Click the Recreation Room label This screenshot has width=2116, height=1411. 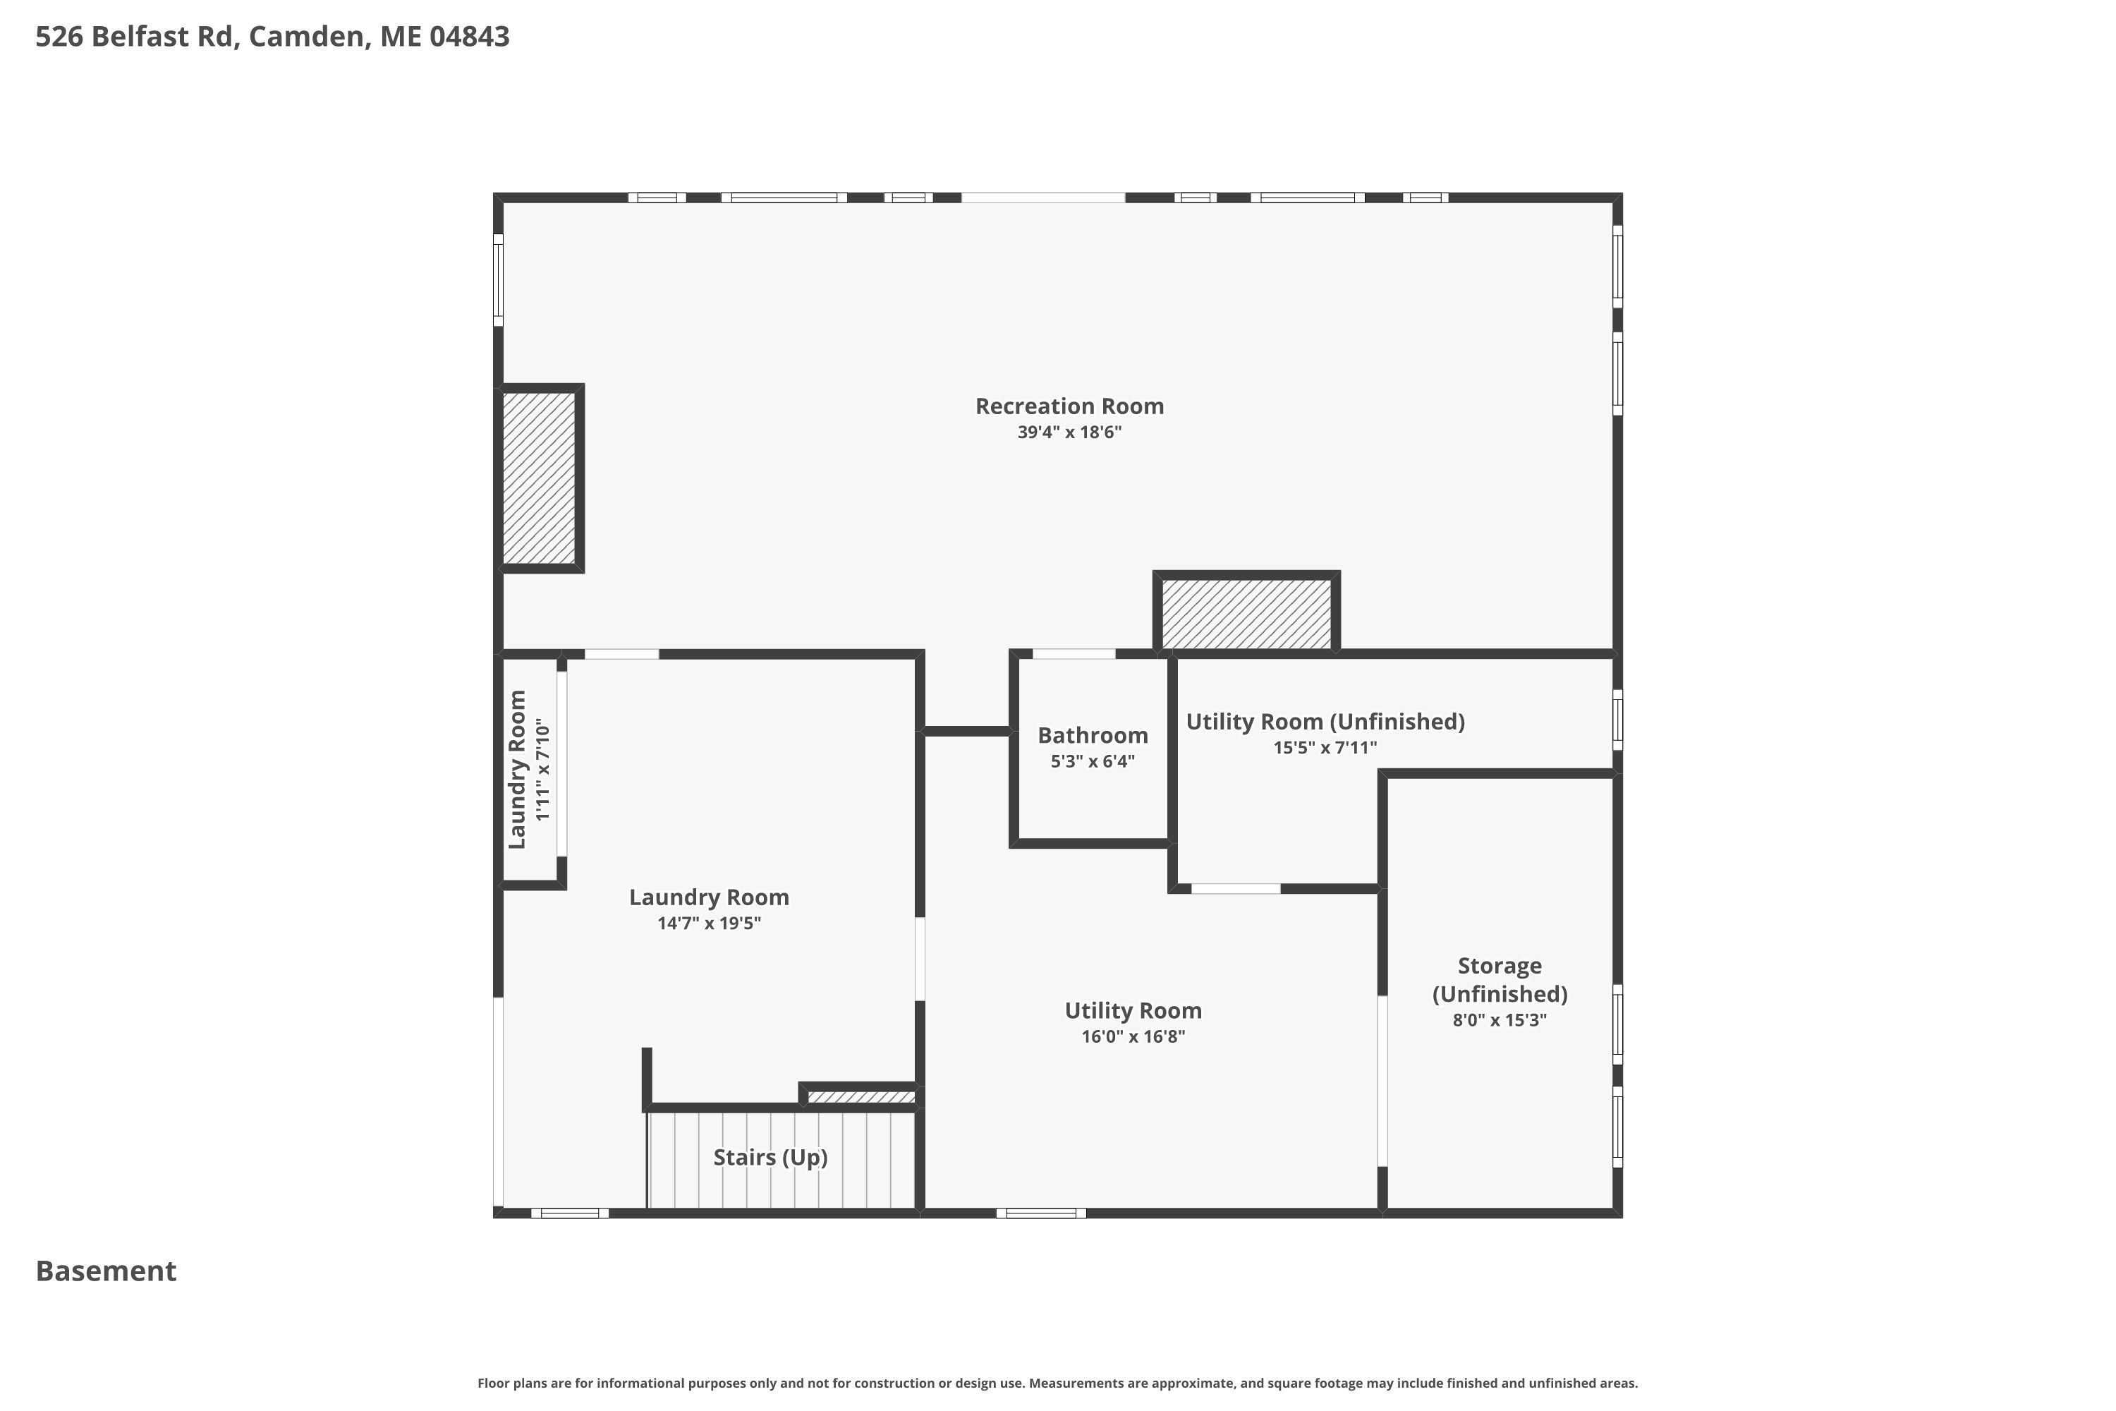pos(1070,406)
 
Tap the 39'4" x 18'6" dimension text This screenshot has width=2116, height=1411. pos(1070,432)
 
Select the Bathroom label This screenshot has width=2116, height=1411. pos(1093,735)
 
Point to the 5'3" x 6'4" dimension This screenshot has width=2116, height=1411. pos(1093,761)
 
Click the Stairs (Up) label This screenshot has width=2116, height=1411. pos(771,1157)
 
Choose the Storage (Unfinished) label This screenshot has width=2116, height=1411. pos(1500,980)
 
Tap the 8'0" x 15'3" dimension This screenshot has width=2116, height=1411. pos(1500,1020)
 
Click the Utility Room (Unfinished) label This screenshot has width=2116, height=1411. pos(1325,722)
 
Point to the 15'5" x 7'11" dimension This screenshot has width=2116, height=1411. pos(1325,748)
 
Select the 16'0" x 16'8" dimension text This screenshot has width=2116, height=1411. pos(1133,1036)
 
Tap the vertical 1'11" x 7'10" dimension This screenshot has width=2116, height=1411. pos(542,770)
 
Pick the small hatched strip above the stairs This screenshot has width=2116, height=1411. pos(861,1097)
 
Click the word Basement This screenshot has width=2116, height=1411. pos(107,1271)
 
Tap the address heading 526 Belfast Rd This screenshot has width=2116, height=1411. pos(272,37)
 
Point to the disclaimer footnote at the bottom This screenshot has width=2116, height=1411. pos(1058,1383)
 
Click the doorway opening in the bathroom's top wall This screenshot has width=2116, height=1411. pos(1074,654)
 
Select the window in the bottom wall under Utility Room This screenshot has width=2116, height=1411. pos(1041,1213)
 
